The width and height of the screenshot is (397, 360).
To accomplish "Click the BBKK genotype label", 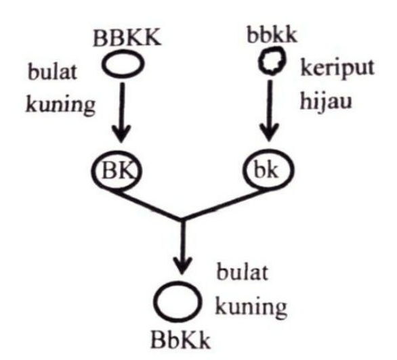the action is (x=127, y=38).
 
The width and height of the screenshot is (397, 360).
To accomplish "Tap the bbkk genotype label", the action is (x=272, y=34).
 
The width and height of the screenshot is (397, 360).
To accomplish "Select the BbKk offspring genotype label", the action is (x=180, y=340).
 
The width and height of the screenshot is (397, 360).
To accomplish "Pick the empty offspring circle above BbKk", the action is (x=155, y=301).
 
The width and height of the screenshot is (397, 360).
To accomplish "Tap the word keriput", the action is (x=337, y=68).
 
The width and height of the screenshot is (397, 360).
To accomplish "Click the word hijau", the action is (x=326, y=102).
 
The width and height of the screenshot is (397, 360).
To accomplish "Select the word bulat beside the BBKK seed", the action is (x=52, y=71).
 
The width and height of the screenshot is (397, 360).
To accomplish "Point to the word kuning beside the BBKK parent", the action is (x=60, y=105).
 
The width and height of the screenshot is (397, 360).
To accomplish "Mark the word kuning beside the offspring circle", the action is (x=251, y=307).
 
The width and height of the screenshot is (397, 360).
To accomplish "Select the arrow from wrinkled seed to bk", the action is (x=270, y=111).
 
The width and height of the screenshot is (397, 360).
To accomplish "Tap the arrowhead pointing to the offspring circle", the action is (x=182, y=265).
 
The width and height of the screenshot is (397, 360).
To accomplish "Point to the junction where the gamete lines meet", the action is (x=182, y=219).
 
